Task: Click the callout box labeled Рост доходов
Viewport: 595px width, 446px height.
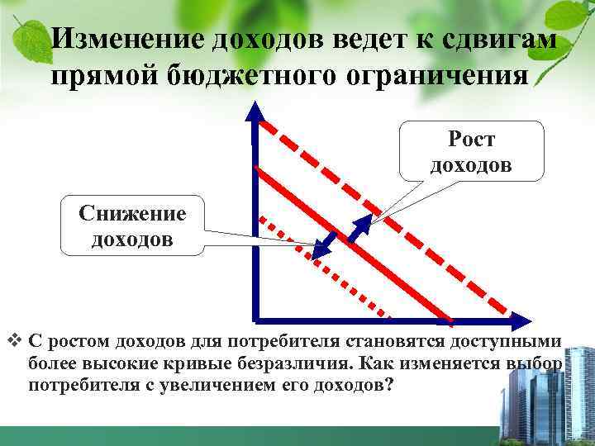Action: click(471, 151)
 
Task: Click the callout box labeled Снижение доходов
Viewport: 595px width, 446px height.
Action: click(132, 225)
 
